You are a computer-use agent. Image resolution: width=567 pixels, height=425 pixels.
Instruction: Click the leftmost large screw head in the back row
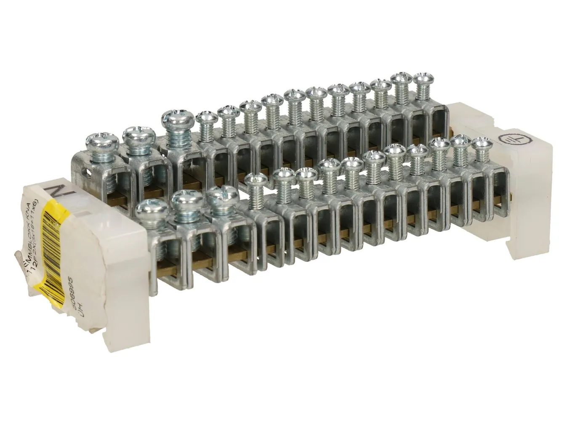tap(98, 141)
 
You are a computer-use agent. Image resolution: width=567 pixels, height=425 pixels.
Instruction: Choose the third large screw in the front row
tap(224, 194)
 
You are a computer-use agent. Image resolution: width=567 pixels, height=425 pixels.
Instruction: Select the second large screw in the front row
tap(187, 199)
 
